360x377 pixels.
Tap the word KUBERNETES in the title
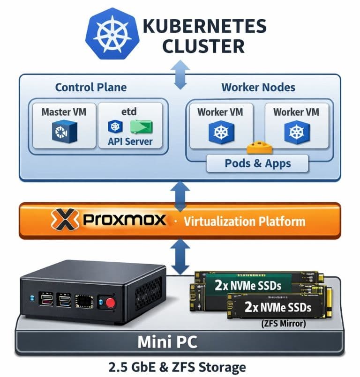[x=204, y=26]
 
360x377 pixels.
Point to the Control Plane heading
[x=90, y=87]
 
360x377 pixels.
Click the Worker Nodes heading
[x=258, y=87]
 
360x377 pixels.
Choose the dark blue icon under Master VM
[x=64, y=131]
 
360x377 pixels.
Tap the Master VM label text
[x=64, y=112]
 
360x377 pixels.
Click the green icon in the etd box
[x=141, y=126]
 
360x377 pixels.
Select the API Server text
[x=130, y=141]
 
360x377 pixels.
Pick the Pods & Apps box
[x=257, y=163]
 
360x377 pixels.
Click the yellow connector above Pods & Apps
[x=259, y=148]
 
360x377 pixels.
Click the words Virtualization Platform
[x=244, y=221]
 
